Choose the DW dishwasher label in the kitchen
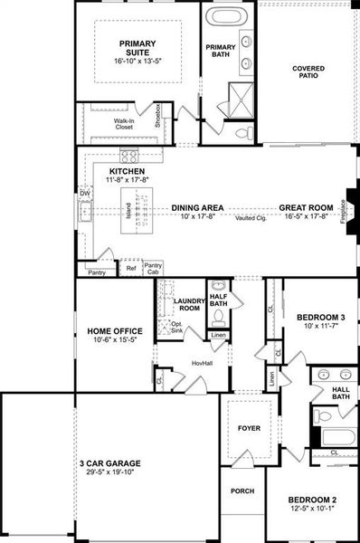pyautogui.click(x=85, y=193)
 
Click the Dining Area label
pyautogui.click(x=197, y=207)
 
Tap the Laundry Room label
pyautogui.click(x=192, y=305)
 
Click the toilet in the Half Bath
pyautogui.click(x=217, y=317)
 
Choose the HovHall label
pyautogui.click(x=201, y=363)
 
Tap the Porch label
pyautogui.click(x=242, y=493)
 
